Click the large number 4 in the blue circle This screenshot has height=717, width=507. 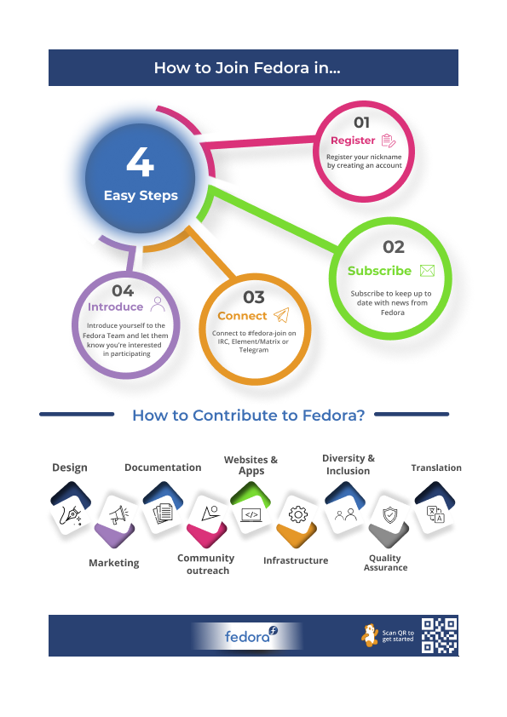click(140, 162)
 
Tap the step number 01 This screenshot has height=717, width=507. click(361, 123)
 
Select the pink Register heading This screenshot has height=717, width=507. click(353, 141)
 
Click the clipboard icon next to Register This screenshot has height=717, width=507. click(388, 141)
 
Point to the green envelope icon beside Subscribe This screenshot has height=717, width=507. click(427, 271)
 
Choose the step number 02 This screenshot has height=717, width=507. click(394, 247)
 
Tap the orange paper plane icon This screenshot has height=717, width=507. click(281, 314)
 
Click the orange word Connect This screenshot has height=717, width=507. click(242, 316)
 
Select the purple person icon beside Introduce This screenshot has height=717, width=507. click(158, 304)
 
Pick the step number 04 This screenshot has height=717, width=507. click(123, 291)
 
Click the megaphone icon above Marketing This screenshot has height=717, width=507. click(118, 514)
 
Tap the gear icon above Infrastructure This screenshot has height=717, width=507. click(298, 514)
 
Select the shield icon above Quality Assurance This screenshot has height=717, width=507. click(389, 514)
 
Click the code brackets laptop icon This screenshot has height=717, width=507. click(251, 515)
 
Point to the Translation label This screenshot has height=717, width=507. click(436, 467)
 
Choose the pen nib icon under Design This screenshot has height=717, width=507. click(72, 515)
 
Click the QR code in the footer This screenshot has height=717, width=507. click(440, 635)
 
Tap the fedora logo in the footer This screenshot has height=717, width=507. click(251, 635)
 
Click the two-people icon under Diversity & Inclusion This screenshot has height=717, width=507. click(345, 515)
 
